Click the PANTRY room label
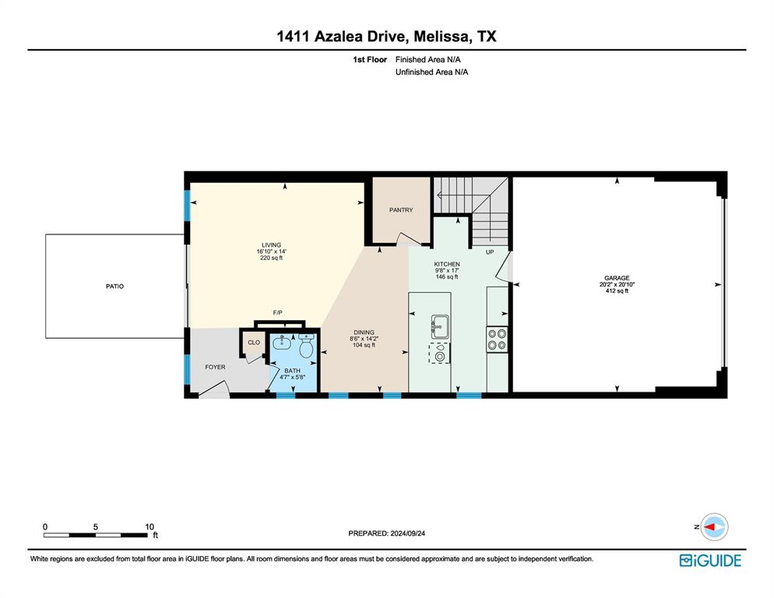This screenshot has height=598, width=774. pyautogui.click(x=401, y=210)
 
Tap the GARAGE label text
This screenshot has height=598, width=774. pyautogui.click(x=617, y=277)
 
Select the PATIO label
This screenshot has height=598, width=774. pyautogui.click(x=114, y=287)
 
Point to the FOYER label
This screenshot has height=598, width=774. pyautogui.click(x=215, y=367)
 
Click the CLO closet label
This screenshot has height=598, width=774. pyautogui.click(x=254, y=342)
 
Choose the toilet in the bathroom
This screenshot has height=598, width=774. pyautogui.click(x=306, y=348)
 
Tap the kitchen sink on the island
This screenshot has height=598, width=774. pyautogui.click(x=440, y=325)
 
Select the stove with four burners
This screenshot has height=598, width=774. pyautogui.click(x=498, y=339)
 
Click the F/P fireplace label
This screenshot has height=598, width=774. pyautogui.click(x=276, y=313)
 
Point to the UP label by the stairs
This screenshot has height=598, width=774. pyautogui.click(x=490, y=252)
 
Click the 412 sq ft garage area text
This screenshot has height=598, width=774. pyautogui.click(x=617, y=290)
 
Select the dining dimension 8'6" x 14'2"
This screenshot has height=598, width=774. pyautogui.click(x=364, y=338)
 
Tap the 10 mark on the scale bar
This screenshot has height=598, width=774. pyautogui.click(x=149, y=526)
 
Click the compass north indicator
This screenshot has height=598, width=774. pyautogui.click(x=712, y=527)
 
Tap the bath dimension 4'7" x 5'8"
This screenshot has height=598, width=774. pyautogui.click(x=292, y=377)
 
